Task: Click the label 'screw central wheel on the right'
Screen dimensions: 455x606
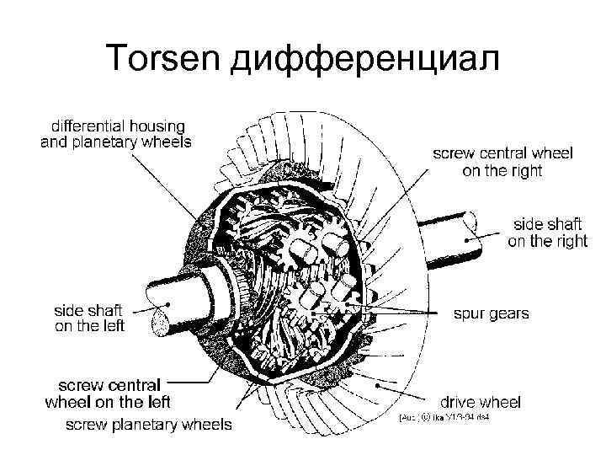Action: click(x=502, y=162)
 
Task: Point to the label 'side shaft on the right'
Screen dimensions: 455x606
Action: click(x=547, y=233)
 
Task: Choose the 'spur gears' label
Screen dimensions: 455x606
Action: click(x=492, y=313)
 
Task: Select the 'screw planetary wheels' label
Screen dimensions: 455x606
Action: click(x=149, y=424)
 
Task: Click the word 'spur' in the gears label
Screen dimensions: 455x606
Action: click(x=470, y=314)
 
